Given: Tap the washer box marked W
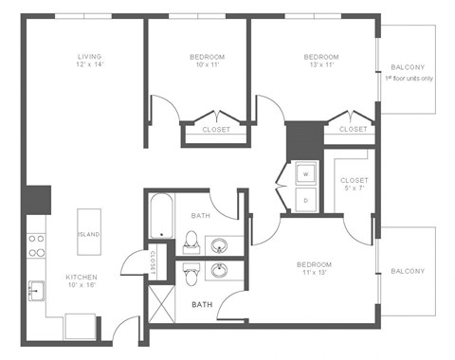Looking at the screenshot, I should coord(306,175).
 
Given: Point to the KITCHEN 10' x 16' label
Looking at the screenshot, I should coord(82,280).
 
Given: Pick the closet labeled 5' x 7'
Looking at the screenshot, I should coord(354,185).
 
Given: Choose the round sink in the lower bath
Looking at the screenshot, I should coord(220,272).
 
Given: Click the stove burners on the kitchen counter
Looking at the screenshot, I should coord(36,246).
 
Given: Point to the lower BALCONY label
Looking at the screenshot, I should coord(408,271).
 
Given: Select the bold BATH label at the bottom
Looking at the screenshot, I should coord(202,305).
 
